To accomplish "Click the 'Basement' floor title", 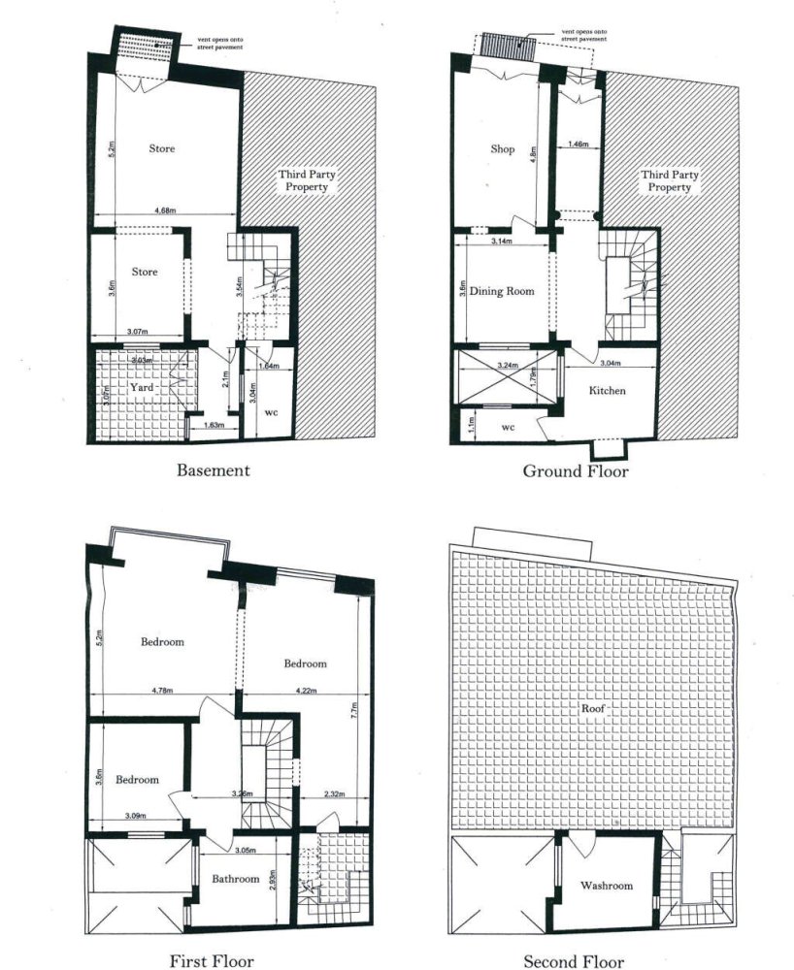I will (213, 470).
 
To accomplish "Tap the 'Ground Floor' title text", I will (576, 471).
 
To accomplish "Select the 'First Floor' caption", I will (212, 961).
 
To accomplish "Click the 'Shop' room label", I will (502, 149).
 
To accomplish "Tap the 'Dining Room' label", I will (502, 291).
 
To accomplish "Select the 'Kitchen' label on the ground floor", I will (608, 391).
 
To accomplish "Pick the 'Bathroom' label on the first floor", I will (237, 879).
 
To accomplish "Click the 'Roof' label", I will (593, 709).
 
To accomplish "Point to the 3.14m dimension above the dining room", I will (501, 240).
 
